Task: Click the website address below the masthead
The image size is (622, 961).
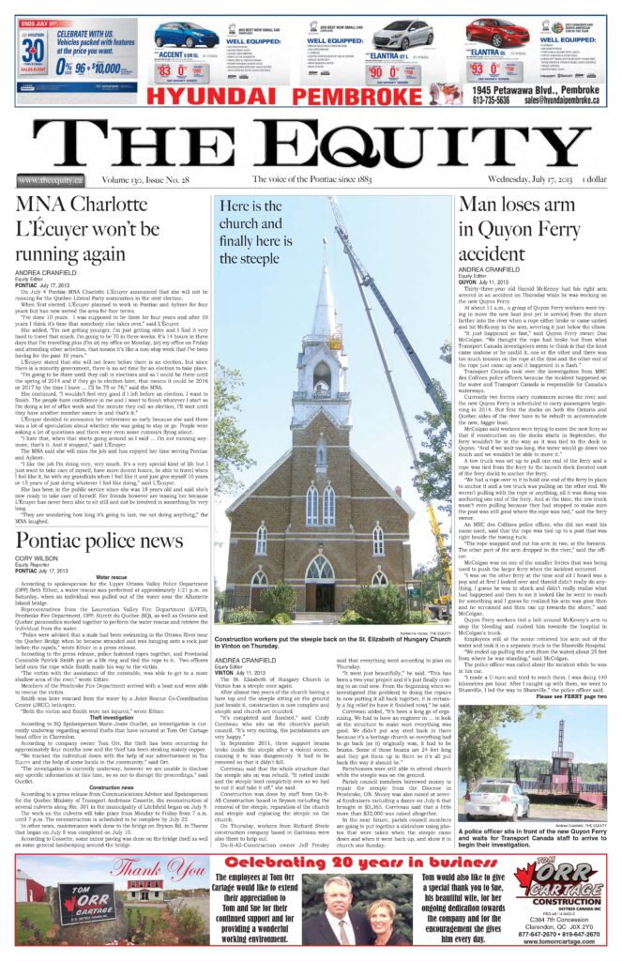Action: pos(50,180)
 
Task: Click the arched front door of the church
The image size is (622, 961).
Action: pos(320,572)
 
